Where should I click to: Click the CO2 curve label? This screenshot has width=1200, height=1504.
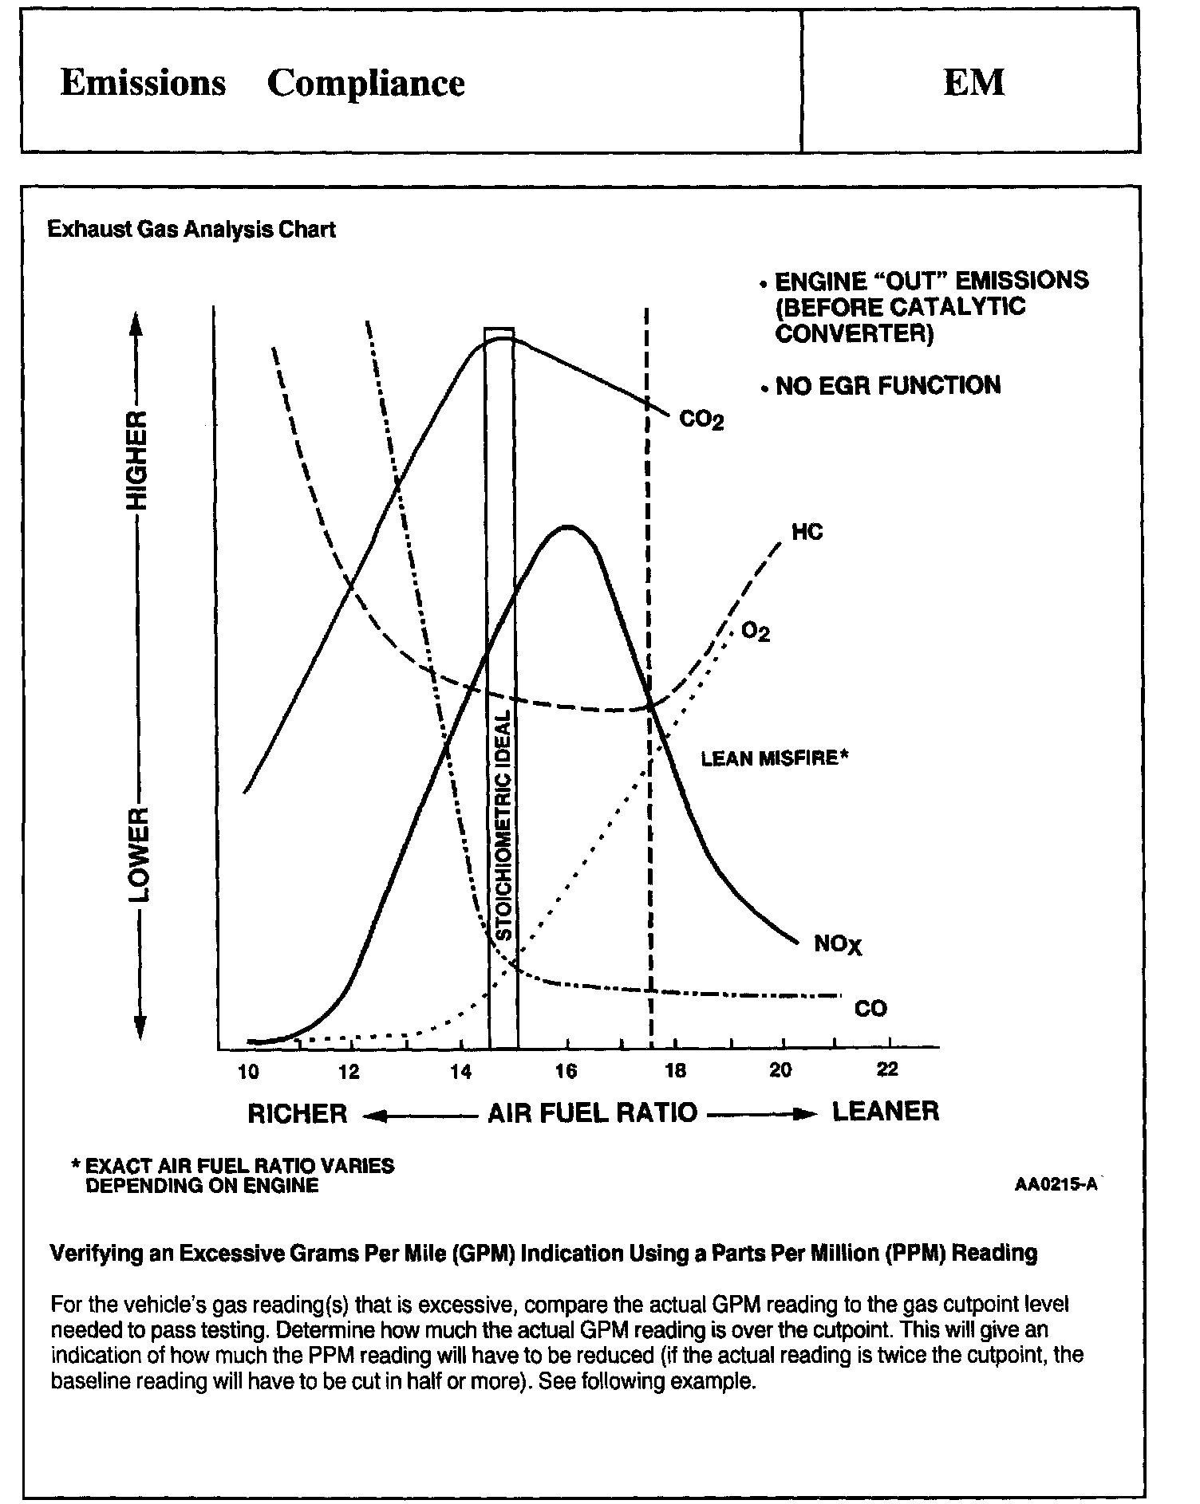(701, 419)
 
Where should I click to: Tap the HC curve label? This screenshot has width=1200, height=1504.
(807, 532)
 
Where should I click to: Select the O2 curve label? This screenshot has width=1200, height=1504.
(756, 632)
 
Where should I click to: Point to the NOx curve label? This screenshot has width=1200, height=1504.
(838, 945)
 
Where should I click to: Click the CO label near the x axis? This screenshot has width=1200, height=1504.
(870, 1009)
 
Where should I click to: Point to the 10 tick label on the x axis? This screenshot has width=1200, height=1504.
(249, 1071)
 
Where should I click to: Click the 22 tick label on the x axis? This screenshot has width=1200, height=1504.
(887, 1069)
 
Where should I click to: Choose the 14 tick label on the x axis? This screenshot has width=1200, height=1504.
(460, 1071)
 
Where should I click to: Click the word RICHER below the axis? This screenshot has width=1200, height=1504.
(298, 1113)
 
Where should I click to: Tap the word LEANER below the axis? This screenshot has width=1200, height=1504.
(886, 1111)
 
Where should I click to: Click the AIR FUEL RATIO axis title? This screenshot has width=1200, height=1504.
(592, 1112)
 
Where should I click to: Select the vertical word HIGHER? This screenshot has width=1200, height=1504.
(138, 461)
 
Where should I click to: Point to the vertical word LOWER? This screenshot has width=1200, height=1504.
(138, 855)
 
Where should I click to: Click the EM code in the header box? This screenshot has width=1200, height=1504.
(973, 82)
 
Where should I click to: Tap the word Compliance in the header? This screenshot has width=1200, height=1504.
(365, 83)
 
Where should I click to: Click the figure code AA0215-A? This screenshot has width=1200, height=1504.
(1056, 1184)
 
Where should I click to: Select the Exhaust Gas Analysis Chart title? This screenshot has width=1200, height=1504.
(191, 230)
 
